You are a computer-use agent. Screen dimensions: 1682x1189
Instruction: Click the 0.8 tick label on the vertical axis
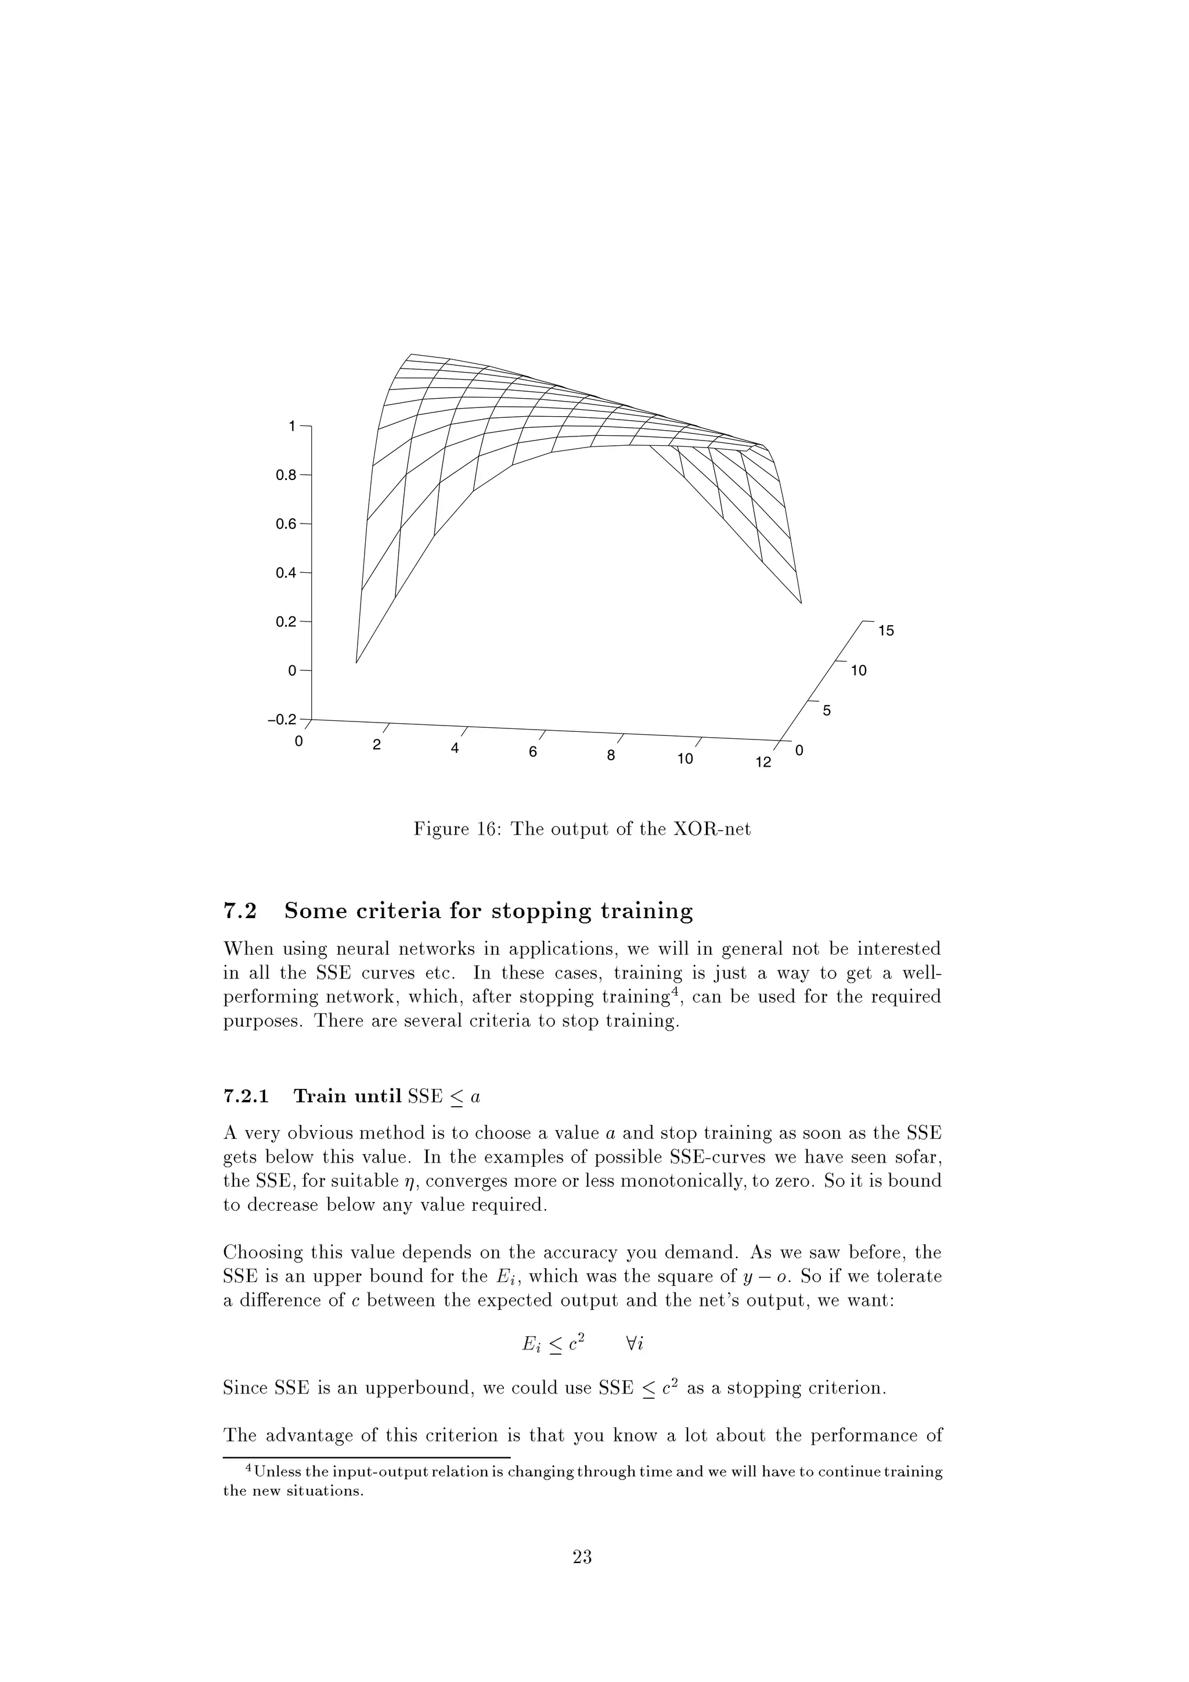pyautogui.click(x=284, y=475)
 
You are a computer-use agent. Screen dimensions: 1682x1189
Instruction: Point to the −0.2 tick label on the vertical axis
pyautogui.click(x=282, y=719)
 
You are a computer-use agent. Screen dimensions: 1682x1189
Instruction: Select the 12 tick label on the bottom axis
pyautogui.click(x=763, y=763)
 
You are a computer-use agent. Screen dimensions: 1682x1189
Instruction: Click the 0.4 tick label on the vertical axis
pyautogui.click(x=284, y=573)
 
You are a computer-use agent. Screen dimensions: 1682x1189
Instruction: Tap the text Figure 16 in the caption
pyautogui.click(x=458, y=829)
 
